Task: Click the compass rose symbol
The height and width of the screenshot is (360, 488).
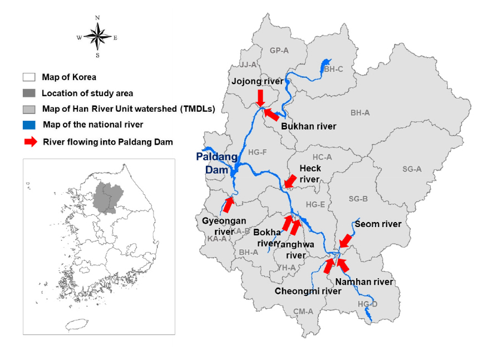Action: coord(97,37)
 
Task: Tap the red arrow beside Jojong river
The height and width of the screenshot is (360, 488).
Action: coord(260,98)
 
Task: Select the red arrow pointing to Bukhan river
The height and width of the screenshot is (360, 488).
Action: coord(271,114)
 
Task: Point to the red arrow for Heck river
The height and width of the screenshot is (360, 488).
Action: coord(290,181)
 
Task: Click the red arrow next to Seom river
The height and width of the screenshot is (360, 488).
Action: coord(346,240)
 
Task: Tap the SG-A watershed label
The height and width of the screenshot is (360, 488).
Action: coord(412,169)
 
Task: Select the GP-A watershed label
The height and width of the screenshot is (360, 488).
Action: coord(279,51)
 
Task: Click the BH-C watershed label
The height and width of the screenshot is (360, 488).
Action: coord(334,69)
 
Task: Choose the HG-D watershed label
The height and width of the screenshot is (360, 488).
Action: coord(367,304)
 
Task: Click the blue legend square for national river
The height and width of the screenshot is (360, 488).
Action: coord(29,124)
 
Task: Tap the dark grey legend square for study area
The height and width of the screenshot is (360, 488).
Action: coord(29,93)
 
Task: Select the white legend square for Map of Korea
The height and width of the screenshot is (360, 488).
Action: coord(29,77)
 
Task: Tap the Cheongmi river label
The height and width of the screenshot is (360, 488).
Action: coord(308,291)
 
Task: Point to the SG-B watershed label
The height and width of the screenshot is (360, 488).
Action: coord(358,199)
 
